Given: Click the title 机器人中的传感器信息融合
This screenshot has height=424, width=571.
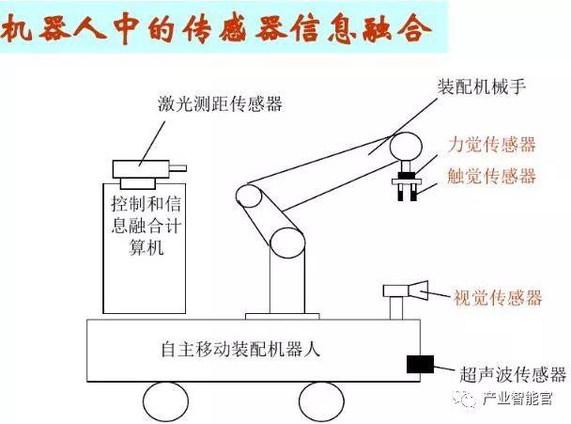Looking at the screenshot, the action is click(216, 29).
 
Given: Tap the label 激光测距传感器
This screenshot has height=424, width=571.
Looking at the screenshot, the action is click(220, 103).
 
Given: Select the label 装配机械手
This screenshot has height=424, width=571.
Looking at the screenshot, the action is click(481, 87).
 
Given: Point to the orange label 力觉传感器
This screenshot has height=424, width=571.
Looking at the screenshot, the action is click(491, 145).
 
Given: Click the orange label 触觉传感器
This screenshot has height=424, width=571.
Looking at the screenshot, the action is click(491, 176).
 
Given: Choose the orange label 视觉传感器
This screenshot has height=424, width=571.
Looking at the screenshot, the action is click(498, 297).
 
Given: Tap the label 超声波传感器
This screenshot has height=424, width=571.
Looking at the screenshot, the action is click(513, 374).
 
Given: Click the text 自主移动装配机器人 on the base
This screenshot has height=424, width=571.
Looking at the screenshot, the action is click(240, 349).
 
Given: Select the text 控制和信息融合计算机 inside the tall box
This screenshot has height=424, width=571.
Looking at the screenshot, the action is click(146, 226).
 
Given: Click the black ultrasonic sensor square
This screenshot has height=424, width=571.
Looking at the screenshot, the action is click(420, 364).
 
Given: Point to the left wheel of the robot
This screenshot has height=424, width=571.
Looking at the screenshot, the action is click(165, 401).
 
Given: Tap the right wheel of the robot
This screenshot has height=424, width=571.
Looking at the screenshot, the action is click(321, 401).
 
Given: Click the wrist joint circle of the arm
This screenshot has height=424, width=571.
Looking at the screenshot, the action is click(406, 147).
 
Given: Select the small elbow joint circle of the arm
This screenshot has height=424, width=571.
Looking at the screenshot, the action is click(249, 196).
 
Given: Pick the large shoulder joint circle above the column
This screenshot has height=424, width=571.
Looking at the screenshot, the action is click(287, 243).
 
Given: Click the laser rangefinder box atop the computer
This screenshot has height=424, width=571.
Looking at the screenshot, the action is click(141, 169).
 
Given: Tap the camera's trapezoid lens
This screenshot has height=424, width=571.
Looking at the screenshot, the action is click(418, 291).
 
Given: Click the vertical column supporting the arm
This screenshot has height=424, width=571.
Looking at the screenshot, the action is click(287, 283).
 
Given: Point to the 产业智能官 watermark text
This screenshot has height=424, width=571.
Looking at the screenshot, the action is click(517, 400).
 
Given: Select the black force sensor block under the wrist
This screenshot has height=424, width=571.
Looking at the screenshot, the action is click(407, 176).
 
